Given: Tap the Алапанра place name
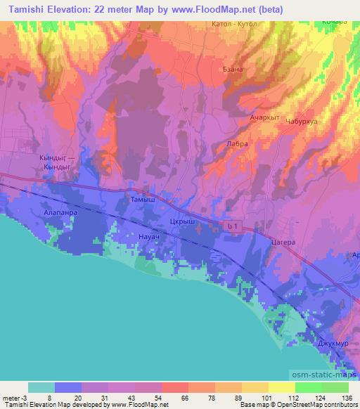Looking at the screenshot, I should (60, 210).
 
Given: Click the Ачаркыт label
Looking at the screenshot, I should (265, 118).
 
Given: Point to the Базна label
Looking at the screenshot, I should (233, 69).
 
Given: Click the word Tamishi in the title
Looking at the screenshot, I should (19, 8).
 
